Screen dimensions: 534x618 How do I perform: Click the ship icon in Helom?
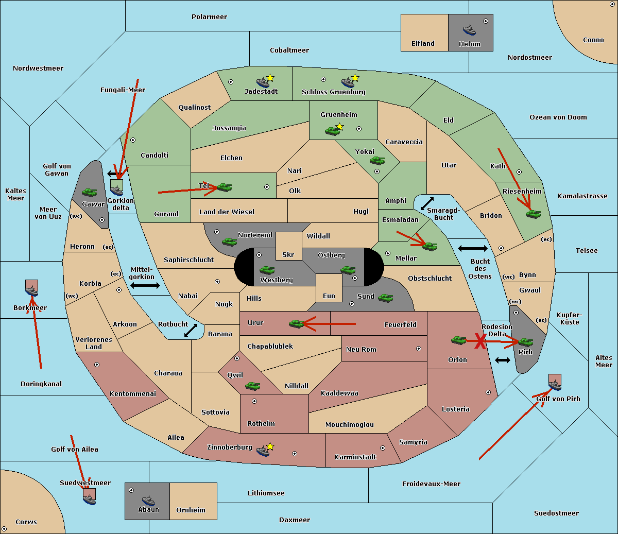(469, 29)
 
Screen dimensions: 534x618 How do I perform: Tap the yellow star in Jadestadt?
(270, 78)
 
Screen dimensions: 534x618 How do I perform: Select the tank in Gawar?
(90, 192)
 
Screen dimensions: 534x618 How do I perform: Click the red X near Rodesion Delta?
(480, 341)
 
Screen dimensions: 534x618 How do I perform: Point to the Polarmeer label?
(209, 17)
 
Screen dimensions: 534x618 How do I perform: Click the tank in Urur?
(296, 323)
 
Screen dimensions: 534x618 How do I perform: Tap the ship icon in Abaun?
(148, 499)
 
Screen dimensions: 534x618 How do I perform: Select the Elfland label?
(423, 44)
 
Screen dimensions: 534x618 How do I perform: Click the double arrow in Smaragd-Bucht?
(427, 203)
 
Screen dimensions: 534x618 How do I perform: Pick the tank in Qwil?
(252, 385)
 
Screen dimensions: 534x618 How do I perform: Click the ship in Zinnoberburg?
(263, 451)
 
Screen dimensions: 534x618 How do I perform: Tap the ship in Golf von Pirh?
(555, 384)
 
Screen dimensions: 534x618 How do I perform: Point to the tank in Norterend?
(229, 241)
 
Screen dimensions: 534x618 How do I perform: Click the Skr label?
(288, 255)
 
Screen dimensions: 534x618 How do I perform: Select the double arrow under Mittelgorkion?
(145, 285)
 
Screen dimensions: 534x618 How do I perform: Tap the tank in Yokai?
(377, 161)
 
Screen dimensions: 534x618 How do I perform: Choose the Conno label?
(593, 40)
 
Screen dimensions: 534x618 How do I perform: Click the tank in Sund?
(385, 298)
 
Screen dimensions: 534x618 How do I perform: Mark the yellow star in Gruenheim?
(339, 127)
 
